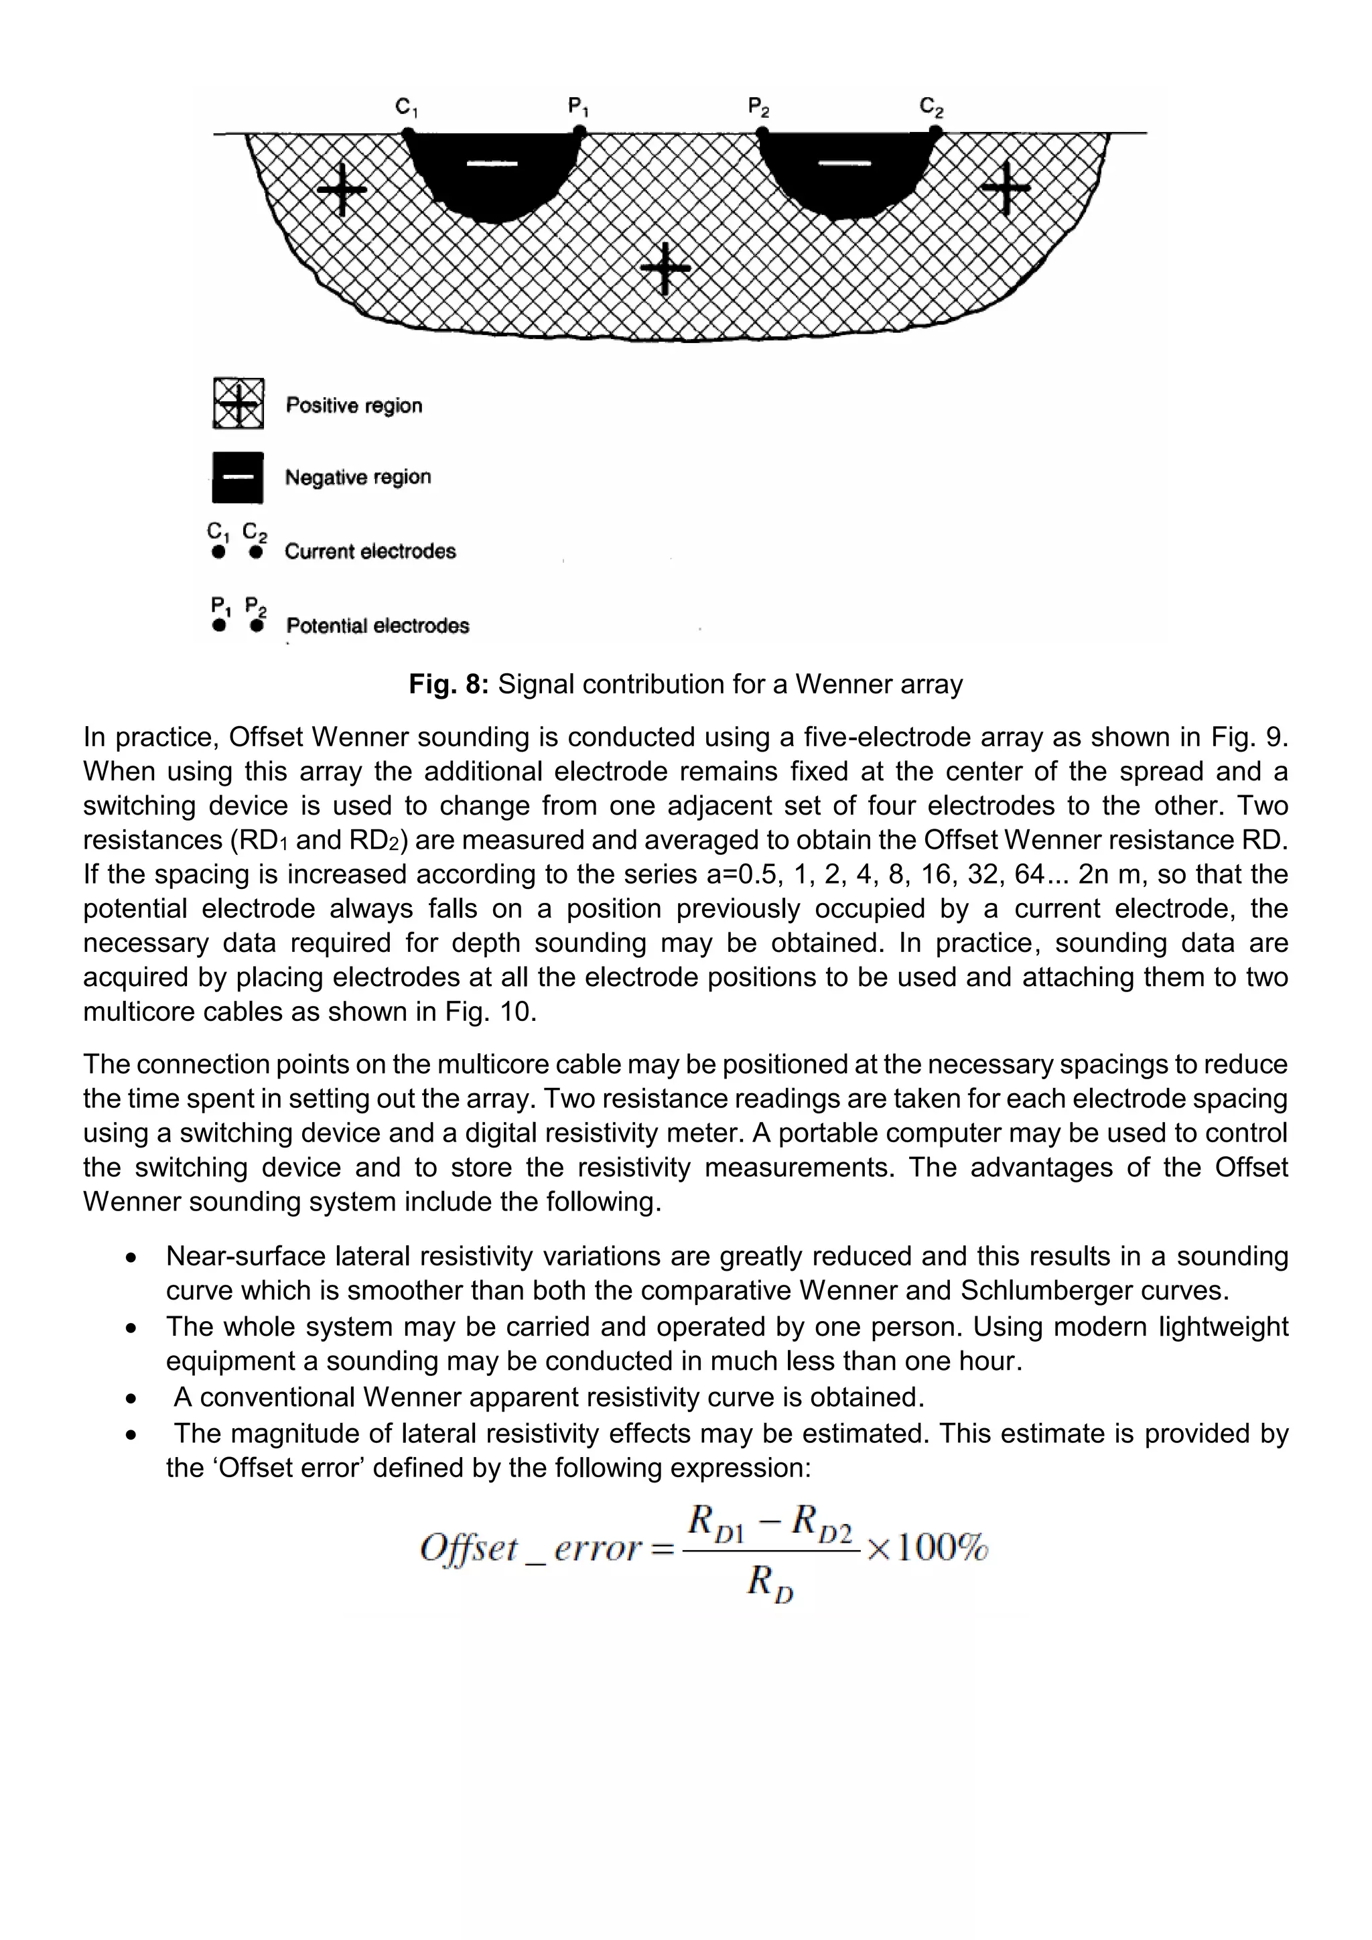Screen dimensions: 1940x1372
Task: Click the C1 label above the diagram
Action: click(x=407, y=108)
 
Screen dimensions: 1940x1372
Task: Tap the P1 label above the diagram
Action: click(x=579, y=108)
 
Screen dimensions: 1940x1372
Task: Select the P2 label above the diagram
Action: click(x=758, y=108)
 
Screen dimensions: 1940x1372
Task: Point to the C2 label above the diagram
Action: click(x=931, y=108)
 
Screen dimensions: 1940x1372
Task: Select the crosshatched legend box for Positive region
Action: click(x=238, y=404)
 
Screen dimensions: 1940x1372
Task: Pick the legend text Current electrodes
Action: click(x=370, y=552)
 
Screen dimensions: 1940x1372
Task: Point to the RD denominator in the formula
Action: click(x=770, y=1582)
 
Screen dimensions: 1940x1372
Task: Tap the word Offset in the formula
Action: click(x=469, y=1549)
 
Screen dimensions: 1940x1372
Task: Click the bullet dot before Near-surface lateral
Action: click(x=130, y=1258)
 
